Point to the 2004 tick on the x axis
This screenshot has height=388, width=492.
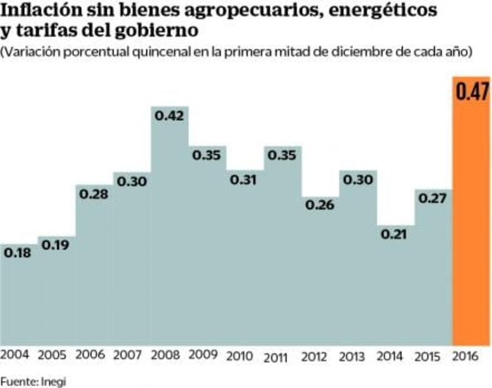(x=15, y=355)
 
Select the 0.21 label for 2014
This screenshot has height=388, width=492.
(x=395, y=234)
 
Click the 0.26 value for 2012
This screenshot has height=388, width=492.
(x=320, y=205)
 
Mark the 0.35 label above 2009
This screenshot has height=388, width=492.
(x=207, y=155)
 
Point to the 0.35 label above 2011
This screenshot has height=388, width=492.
(x=282, y=155)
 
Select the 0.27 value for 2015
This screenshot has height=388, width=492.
(x=433, y=198)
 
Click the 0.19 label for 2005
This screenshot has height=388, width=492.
(x=55, y=245)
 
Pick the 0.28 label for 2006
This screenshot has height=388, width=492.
(x=94, y=193)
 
